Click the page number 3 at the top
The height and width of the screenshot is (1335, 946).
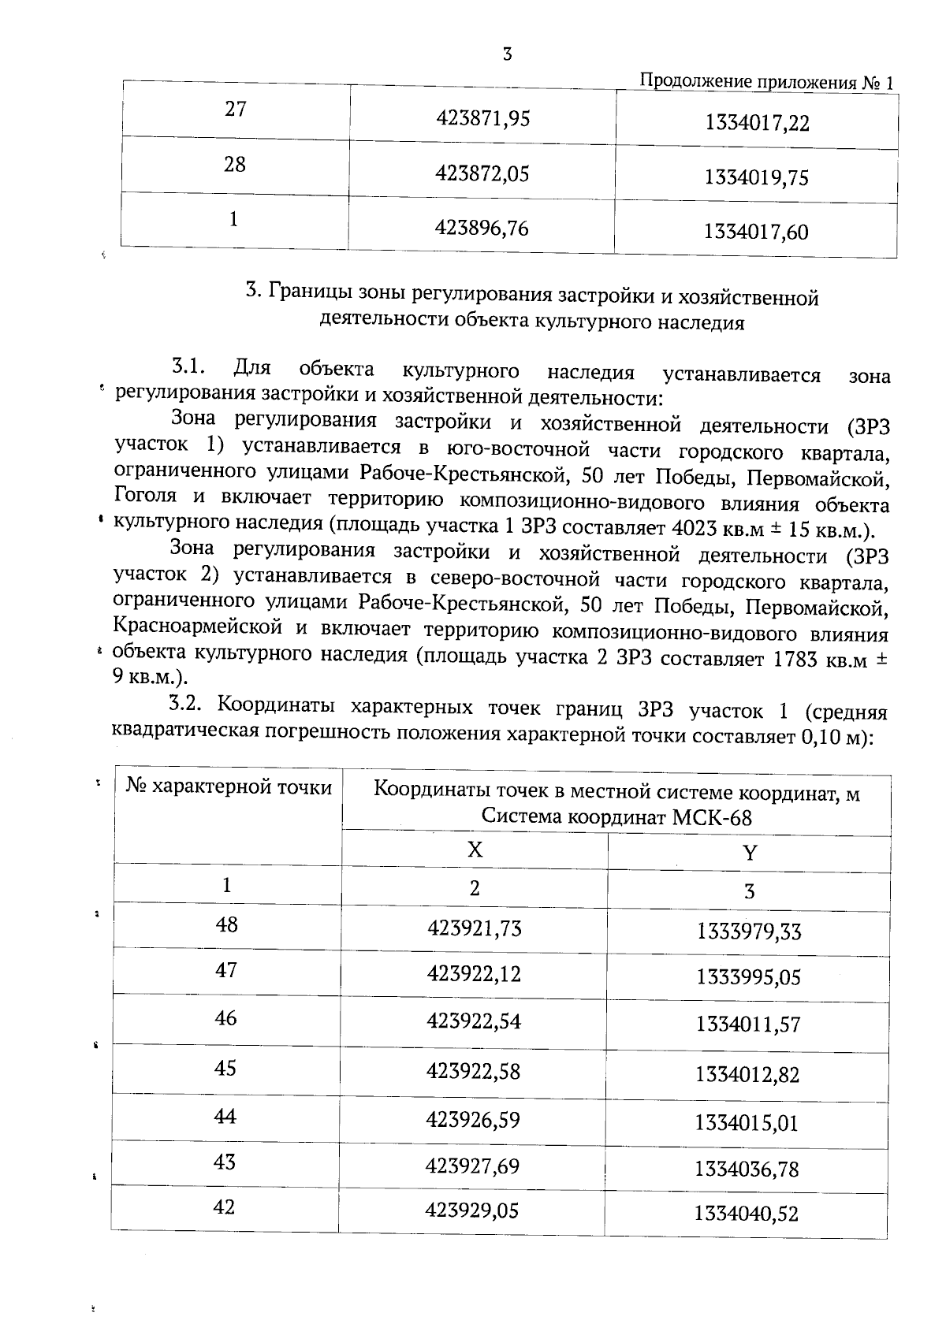(507, 54)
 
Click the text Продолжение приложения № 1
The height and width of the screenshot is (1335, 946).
(766, 82)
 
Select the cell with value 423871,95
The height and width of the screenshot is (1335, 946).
(482, 118)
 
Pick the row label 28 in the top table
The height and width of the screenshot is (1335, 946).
(235, 165)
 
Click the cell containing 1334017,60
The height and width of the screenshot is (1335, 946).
(756, 232)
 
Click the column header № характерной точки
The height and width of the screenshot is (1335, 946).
(229, 787)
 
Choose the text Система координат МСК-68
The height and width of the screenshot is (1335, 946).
(616, 817)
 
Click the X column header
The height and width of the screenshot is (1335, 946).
(475, 850)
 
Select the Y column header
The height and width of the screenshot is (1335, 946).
(749, 853)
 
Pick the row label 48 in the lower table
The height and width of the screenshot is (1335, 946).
(226, 924)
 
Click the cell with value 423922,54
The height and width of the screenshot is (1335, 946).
(474, 1022)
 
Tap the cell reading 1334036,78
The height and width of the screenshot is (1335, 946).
(747, 1169)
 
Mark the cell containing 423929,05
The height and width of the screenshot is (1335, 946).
(471, 1210)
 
